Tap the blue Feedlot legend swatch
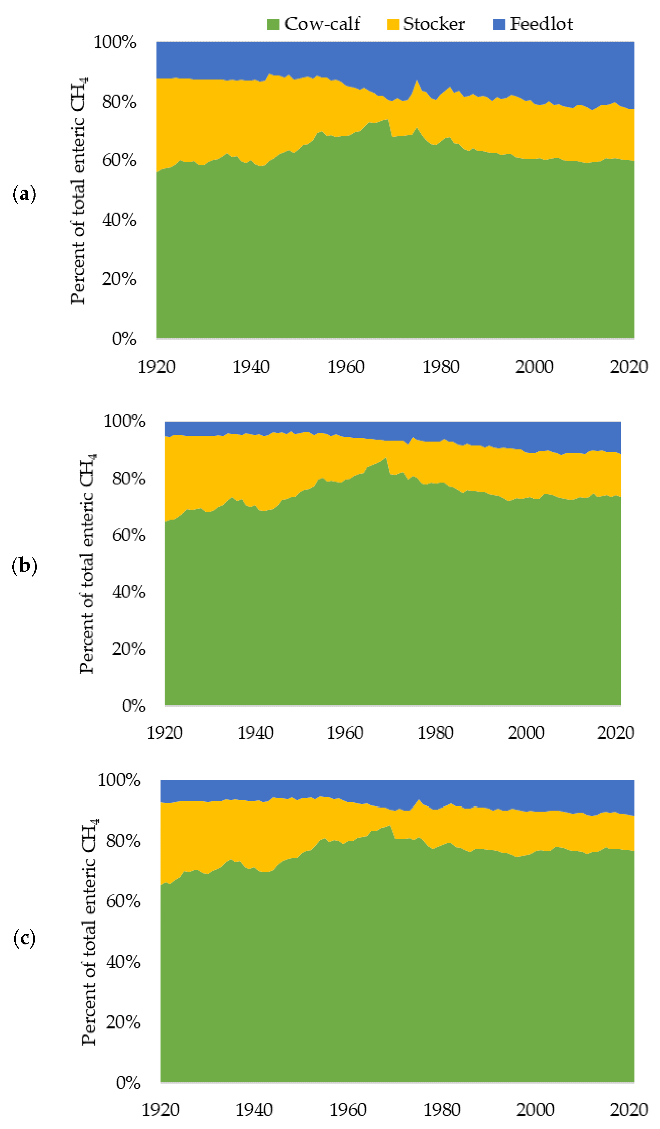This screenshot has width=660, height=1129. (x=499, y=24)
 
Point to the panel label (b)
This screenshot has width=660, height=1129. (x=24, y=566)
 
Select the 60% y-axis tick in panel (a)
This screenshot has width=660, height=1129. (x=119, y=160)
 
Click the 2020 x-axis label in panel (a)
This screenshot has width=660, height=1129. (x=629, y=367)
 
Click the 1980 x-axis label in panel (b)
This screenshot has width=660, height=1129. (x=435, y=733)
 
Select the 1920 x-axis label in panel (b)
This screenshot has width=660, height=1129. (x=165, y=733)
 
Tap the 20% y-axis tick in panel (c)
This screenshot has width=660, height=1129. (x=123, y=1022)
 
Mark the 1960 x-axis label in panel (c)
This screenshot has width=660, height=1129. (x=348, y=1110)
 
